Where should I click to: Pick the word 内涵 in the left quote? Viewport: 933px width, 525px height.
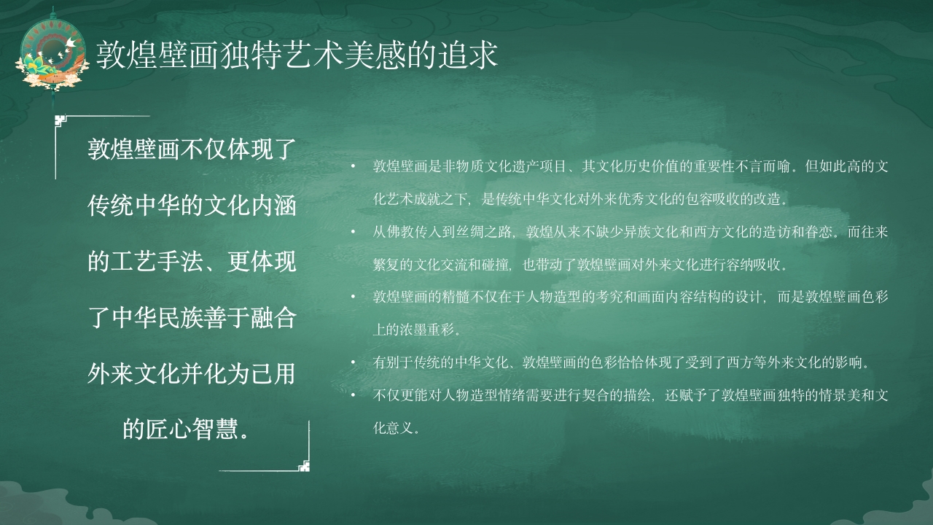[279, 206]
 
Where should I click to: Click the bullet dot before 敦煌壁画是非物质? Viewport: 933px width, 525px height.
[352, 167]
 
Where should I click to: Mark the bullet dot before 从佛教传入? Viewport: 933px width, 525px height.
[352, 233]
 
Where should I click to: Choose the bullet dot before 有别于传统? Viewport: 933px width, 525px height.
[352, 362]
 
